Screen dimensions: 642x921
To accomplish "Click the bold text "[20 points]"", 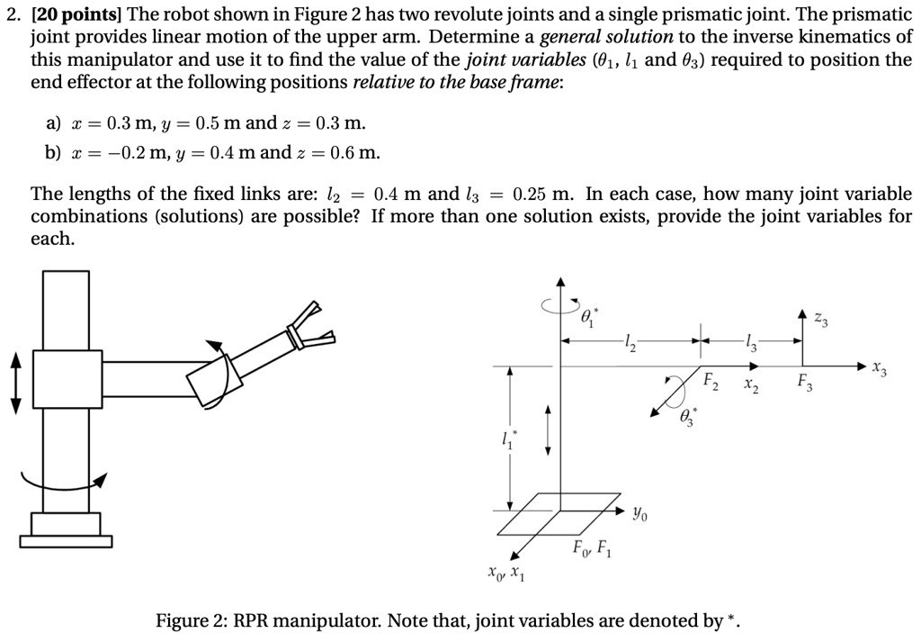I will point(78,14).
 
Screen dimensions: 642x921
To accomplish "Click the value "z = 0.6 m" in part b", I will point(342,152).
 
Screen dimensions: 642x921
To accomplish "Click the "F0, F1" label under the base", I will point(592,548).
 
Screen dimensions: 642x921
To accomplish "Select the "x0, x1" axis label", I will point(503,573).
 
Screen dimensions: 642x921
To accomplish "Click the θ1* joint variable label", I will point(589,316).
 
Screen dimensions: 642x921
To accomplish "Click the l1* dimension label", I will point(510,442).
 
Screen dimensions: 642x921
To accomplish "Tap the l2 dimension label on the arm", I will point(629,341).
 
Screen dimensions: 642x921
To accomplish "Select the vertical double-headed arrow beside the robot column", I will point(14,383).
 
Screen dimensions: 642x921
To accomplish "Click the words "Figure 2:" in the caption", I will point(192,621).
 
